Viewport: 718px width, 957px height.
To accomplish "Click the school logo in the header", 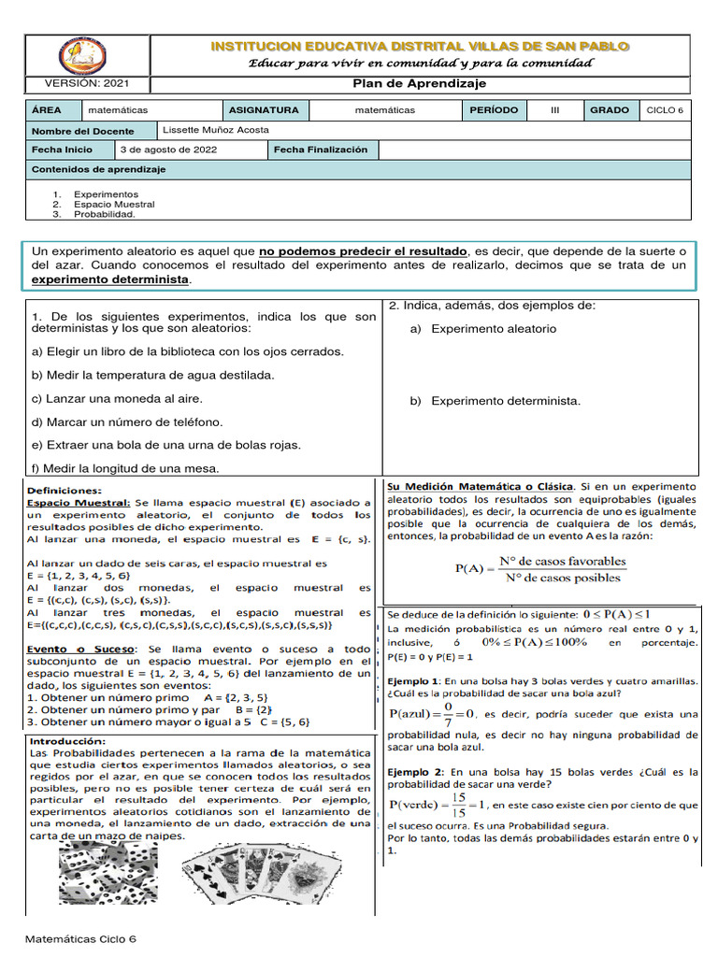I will tap(76, 57).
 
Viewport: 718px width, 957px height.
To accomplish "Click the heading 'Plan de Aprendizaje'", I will tap(420, 83).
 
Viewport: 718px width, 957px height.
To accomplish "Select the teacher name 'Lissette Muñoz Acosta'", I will tap(215, 130).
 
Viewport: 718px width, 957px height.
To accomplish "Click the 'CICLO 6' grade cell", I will tap(665, 110).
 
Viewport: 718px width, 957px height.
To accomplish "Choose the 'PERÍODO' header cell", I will tap(493, 110).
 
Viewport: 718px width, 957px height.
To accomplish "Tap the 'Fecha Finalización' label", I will tap(321, 150).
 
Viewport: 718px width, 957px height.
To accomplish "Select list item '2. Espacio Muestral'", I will tap(108, 204).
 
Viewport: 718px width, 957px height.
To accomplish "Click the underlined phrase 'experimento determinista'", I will tap(110, 279).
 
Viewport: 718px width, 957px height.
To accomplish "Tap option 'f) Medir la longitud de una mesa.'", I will tap(125, 468).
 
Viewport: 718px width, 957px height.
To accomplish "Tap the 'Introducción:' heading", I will tap(68, 740).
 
